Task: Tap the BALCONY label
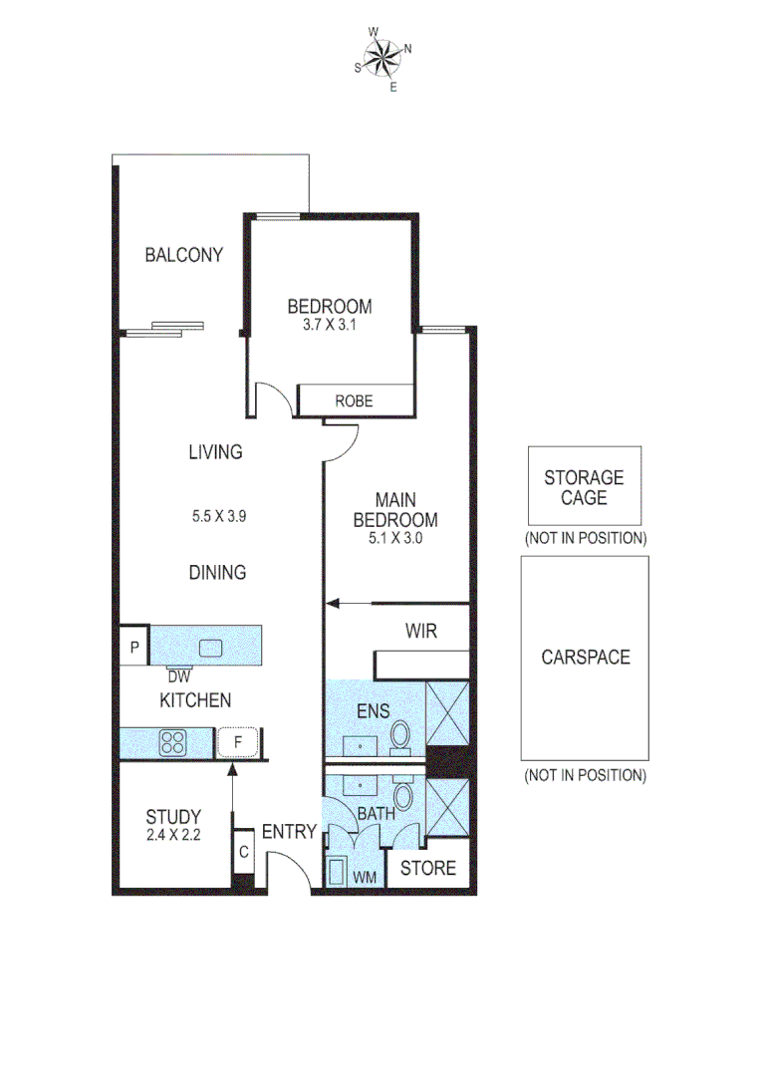point(183,255)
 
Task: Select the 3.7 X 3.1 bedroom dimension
point(330,324)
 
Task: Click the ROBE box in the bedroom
point(355,401)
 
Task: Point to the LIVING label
point(215,452)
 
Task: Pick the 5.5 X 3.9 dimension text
point(218,516)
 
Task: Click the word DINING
point(217,573)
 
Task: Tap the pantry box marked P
point(133,646)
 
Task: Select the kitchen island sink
point(211,648)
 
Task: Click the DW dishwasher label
point(179,675)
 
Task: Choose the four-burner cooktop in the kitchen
point(174,742)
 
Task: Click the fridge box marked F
point(238,742)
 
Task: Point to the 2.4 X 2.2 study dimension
point(173,836)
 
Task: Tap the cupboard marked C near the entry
point(244,853)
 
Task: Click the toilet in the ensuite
point(400,736)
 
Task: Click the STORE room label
point(427,869)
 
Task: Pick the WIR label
point(420,631)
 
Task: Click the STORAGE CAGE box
point(584,486)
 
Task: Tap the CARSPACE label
point(585,658)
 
